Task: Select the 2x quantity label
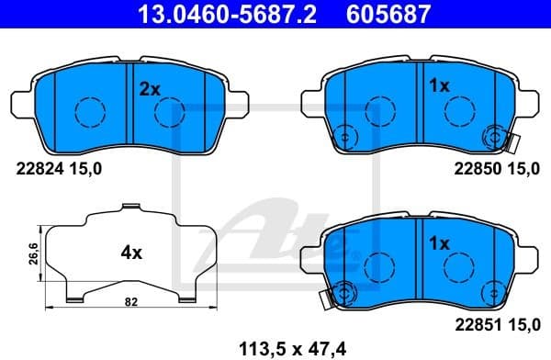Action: [x=150, y=88]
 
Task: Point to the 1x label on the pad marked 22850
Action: [x=438, y=86]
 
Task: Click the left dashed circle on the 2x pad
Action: [x=90, y=112]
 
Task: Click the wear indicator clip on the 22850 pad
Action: [x=512, y=141]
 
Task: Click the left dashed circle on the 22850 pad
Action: [x=377, y=112]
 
